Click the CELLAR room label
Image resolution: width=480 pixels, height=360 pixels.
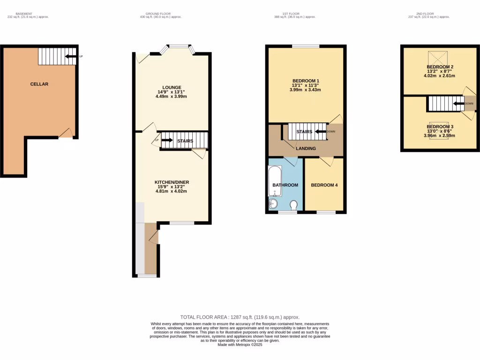click(39, 84)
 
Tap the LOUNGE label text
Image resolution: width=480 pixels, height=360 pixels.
click(171, 87)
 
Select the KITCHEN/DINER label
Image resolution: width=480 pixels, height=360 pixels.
click(172, 182)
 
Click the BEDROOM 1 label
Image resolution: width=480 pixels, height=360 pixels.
click(305, 80)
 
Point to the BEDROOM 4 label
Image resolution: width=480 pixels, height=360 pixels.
click(324, 185)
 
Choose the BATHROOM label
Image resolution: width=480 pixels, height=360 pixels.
click(285, 185)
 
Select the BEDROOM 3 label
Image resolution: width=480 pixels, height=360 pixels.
click(440, 127)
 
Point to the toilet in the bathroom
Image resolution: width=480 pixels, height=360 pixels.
click(294, 205)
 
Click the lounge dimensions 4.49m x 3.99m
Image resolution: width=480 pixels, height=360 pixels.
click(171, 97)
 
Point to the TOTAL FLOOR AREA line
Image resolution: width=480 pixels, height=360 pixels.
click(240, 317)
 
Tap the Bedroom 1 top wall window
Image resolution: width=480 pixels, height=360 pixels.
click(306, 46)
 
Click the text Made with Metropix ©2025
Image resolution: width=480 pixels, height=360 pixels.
click(240, 345)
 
